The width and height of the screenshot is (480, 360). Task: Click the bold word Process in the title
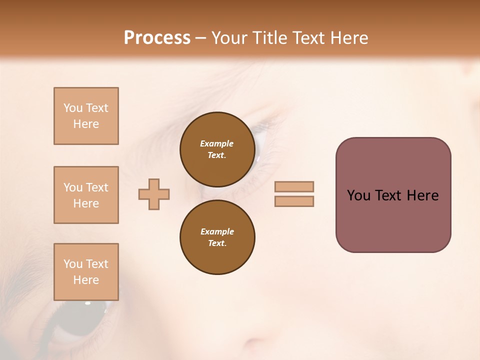pyautogui.click(x=157, y=38)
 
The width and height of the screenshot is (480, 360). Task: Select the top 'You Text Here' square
pyautogui.click(x=86, y=116)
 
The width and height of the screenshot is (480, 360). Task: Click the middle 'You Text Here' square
pyautogui.click(x=86, y=195)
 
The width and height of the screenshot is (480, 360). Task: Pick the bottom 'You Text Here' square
pyautogui.click(x=86, y=272)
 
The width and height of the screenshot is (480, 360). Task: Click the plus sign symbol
pyautogui.click(x=154, y=194)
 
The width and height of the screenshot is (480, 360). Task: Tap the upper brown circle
pyautogui.click(x=217, y=149)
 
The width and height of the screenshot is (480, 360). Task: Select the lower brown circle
pyautogui.click(x=217, y=237)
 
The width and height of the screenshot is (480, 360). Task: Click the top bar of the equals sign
pyautogui.click(x=294, y=186)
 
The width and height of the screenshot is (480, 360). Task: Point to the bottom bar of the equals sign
pyautogui.click(x=294, y=201)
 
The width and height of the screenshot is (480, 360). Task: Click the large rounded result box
pyautogui.click(x=393, y=195)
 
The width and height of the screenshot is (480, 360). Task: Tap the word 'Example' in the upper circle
pyautogui.click(x=217, y=143)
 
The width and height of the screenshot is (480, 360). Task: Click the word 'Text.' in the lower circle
pyautogui.click(x=217, y=243)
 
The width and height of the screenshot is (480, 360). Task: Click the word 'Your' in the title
pyautogui.click(x=230, y=38)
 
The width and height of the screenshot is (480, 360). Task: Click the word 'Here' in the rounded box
pyautogui.click(x=422, y=195)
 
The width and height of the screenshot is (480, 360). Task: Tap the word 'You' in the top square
pyautogui.click(x=73, y=108)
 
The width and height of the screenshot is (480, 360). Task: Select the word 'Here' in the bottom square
pyautogui.click(x=86, y=280)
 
